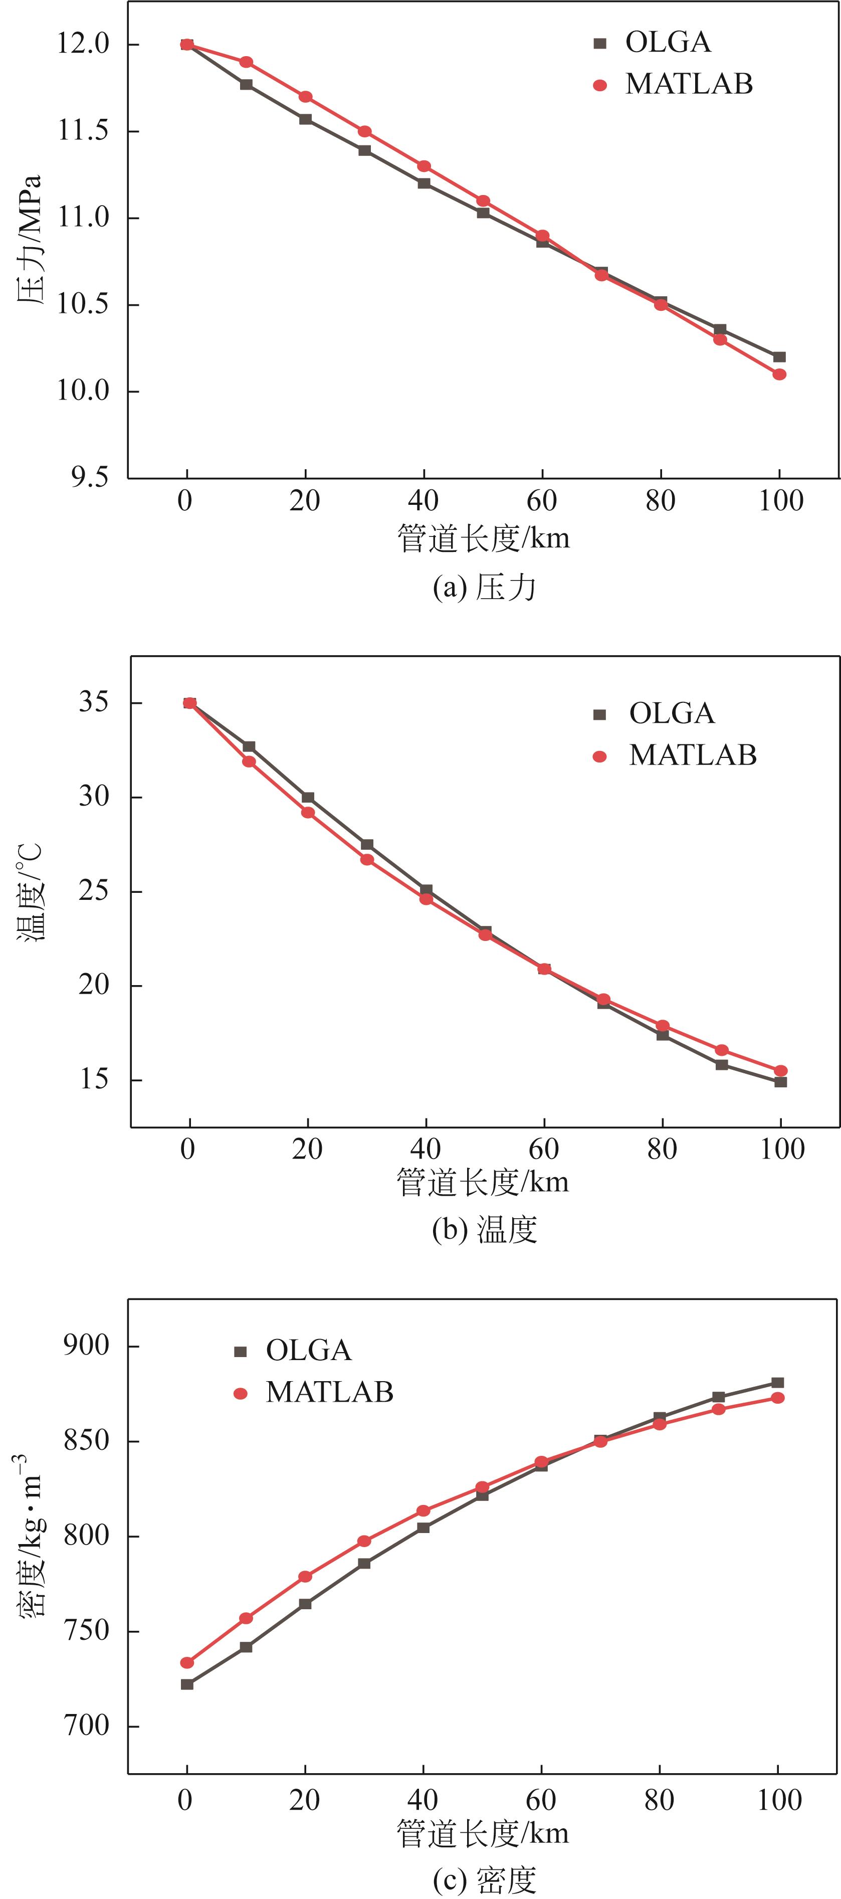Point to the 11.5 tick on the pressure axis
(x=83, y=131)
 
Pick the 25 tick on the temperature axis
(x=94, y=891)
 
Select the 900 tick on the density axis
(x=86, y=1346)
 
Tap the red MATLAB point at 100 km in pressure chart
(x=779, y=374)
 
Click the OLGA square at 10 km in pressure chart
(x=246, y=85)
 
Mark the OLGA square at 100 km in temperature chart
(x=780, y=1082)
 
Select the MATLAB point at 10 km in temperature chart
(x=249, y=762)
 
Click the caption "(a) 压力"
(x=484, y=588)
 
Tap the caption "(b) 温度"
(x=484, y=1230)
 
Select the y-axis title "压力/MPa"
(x=30, y=240)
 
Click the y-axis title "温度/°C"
(x=31, y=892)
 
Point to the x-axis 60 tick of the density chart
(x=541, y=1800)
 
